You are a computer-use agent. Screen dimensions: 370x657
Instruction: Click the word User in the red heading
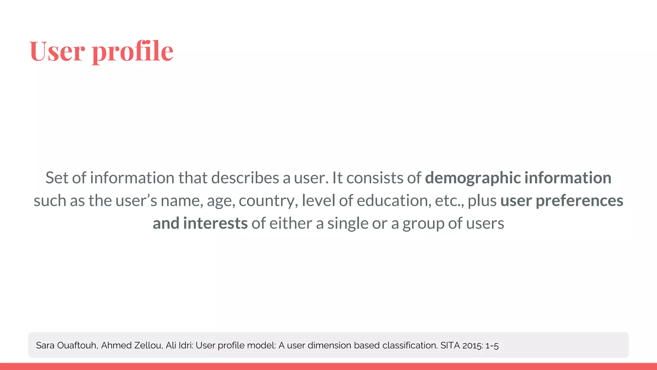click(57, 51)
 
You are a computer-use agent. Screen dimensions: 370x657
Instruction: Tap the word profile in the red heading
click(132, 51)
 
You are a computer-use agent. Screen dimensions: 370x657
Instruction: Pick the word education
click(394, 201)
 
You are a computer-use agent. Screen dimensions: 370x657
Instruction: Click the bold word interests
click(215, 223)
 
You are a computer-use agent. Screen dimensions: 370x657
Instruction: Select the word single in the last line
click(347, 224)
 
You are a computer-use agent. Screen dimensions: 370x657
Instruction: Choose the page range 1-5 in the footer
click(492, 346)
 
